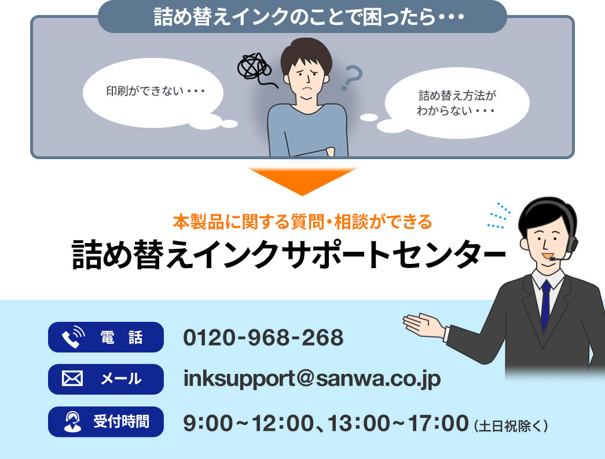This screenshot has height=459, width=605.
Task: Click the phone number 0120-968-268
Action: point(263,337)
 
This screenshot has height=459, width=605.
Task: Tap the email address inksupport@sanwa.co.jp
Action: point(312,379)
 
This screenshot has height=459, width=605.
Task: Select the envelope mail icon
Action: point(72,380)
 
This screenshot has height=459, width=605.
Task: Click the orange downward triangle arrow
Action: point(302,180)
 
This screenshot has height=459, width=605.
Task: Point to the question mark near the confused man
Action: point(351,78)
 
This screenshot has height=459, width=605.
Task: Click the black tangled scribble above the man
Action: point(254,67)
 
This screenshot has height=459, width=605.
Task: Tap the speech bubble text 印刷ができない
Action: point(156,91)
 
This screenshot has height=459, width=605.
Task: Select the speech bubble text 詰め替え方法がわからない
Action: point(457,102)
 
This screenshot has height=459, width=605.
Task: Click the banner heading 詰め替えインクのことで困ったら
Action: point(302,17)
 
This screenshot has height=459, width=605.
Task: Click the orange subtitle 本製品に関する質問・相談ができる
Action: point(302,221)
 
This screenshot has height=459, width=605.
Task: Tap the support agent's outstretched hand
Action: point(422,324)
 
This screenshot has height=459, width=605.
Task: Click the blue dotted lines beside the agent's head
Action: point(499,215)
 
